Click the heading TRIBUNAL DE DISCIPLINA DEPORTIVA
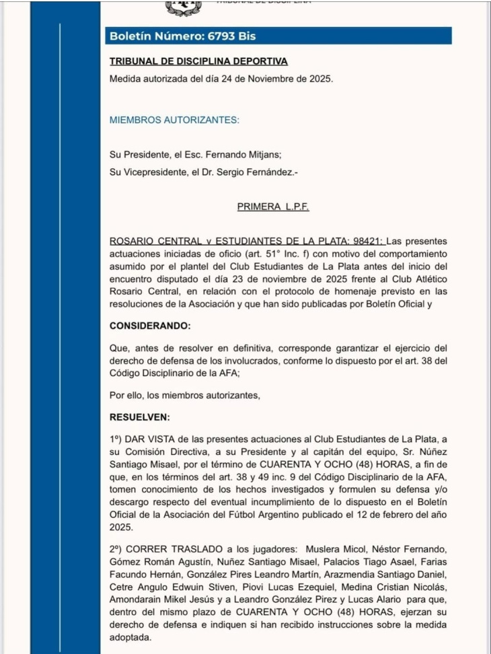tap(198, 61)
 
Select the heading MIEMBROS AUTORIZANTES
tap(174, 120)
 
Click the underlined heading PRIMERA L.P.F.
tap(273, 207)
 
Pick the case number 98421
tap(368, 241)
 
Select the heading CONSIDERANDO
tap(150, 326)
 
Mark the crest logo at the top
tap(183, 7)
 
